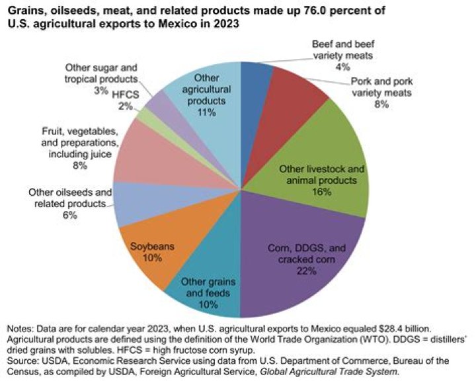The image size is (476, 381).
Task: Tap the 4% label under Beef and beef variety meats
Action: pos(342,67)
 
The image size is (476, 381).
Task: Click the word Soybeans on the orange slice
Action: pos(151,246)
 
